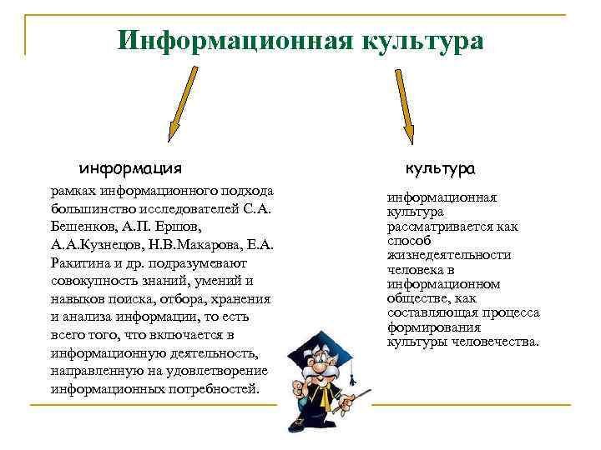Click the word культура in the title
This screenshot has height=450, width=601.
pos(423,40)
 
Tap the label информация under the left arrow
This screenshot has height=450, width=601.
pos(130,168)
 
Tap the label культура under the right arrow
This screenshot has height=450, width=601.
pos(441,168)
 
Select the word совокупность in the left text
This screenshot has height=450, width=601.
pos(91,281)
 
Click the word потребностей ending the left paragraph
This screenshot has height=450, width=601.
pos(218,389)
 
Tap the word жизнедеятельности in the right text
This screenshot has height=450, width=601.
pos(449,255)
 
